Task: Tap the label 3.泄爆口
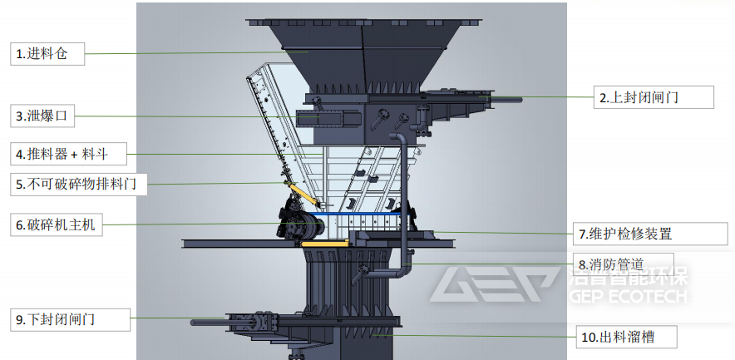[42, 116]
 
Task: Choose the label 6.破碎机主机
[56, 225]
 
